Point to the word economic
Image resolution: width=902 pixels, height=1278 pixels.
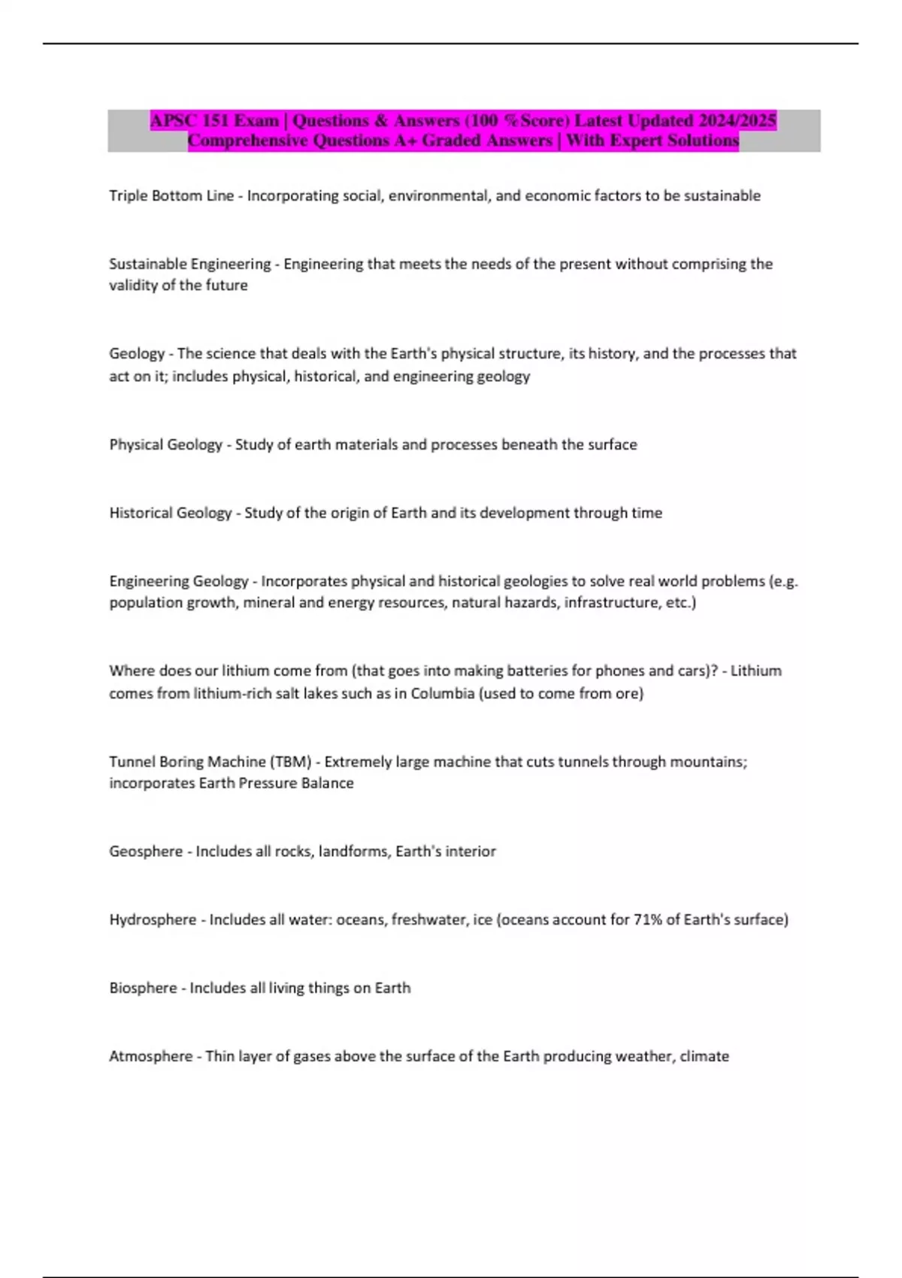tap(557, 195)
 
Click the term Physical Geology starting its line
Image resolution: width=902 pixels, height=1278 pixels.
tap(166, 444)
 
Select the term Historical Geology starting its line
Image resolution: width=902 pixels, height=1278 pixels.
tap(171, 513)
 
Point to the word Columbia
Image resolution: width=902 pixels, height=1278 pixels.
tap(442, 693)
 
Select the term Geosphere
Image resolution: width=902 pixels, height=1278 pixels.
tap(146, 851)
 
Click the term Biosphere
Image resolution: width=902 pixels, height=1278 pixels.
tap(143, 988)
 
